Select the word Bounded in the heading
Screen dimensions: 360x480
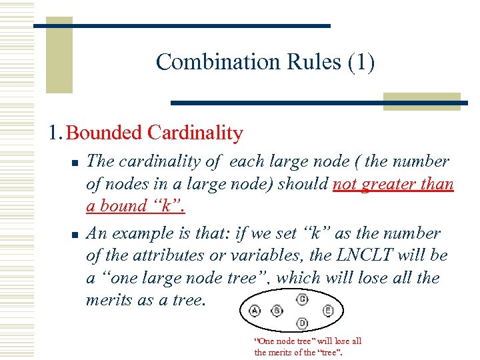(105, 133)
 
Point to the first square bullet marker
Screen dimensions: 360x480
(76, 163)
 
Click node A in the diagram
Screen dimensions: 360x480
(255, 311)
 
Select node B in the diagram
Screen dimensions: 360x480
(277, 311)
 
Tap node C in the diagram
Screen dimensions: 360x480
(302, 299)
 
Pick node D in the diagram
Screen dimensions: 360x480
(302, 323)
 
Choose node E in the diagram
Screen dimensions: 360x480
(327, 311)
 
